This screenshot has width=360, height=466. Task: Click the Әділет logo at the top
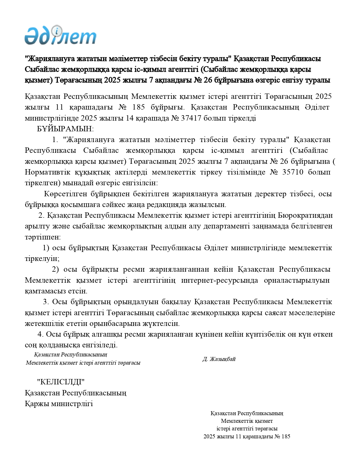click(x=60, y=36)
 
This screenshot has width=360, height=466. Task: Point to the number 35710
click(x=293, y=172)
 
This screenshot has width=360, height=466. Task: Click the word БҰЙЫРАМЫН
click(x=65, y=129)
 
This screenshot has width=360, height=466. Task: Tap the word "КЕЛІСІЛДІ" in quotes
click(x=61, y=382)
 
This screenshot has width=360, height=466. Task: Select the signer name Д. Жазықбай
click(x=219, y=359)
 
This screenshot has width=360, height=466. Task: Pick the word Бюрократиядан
click(x=305, y=215)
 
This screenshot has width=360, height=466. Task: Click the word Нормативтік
click(x=47, y=172)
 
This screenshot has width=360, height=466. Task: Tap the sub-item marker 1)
click(x=46, y=248)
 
